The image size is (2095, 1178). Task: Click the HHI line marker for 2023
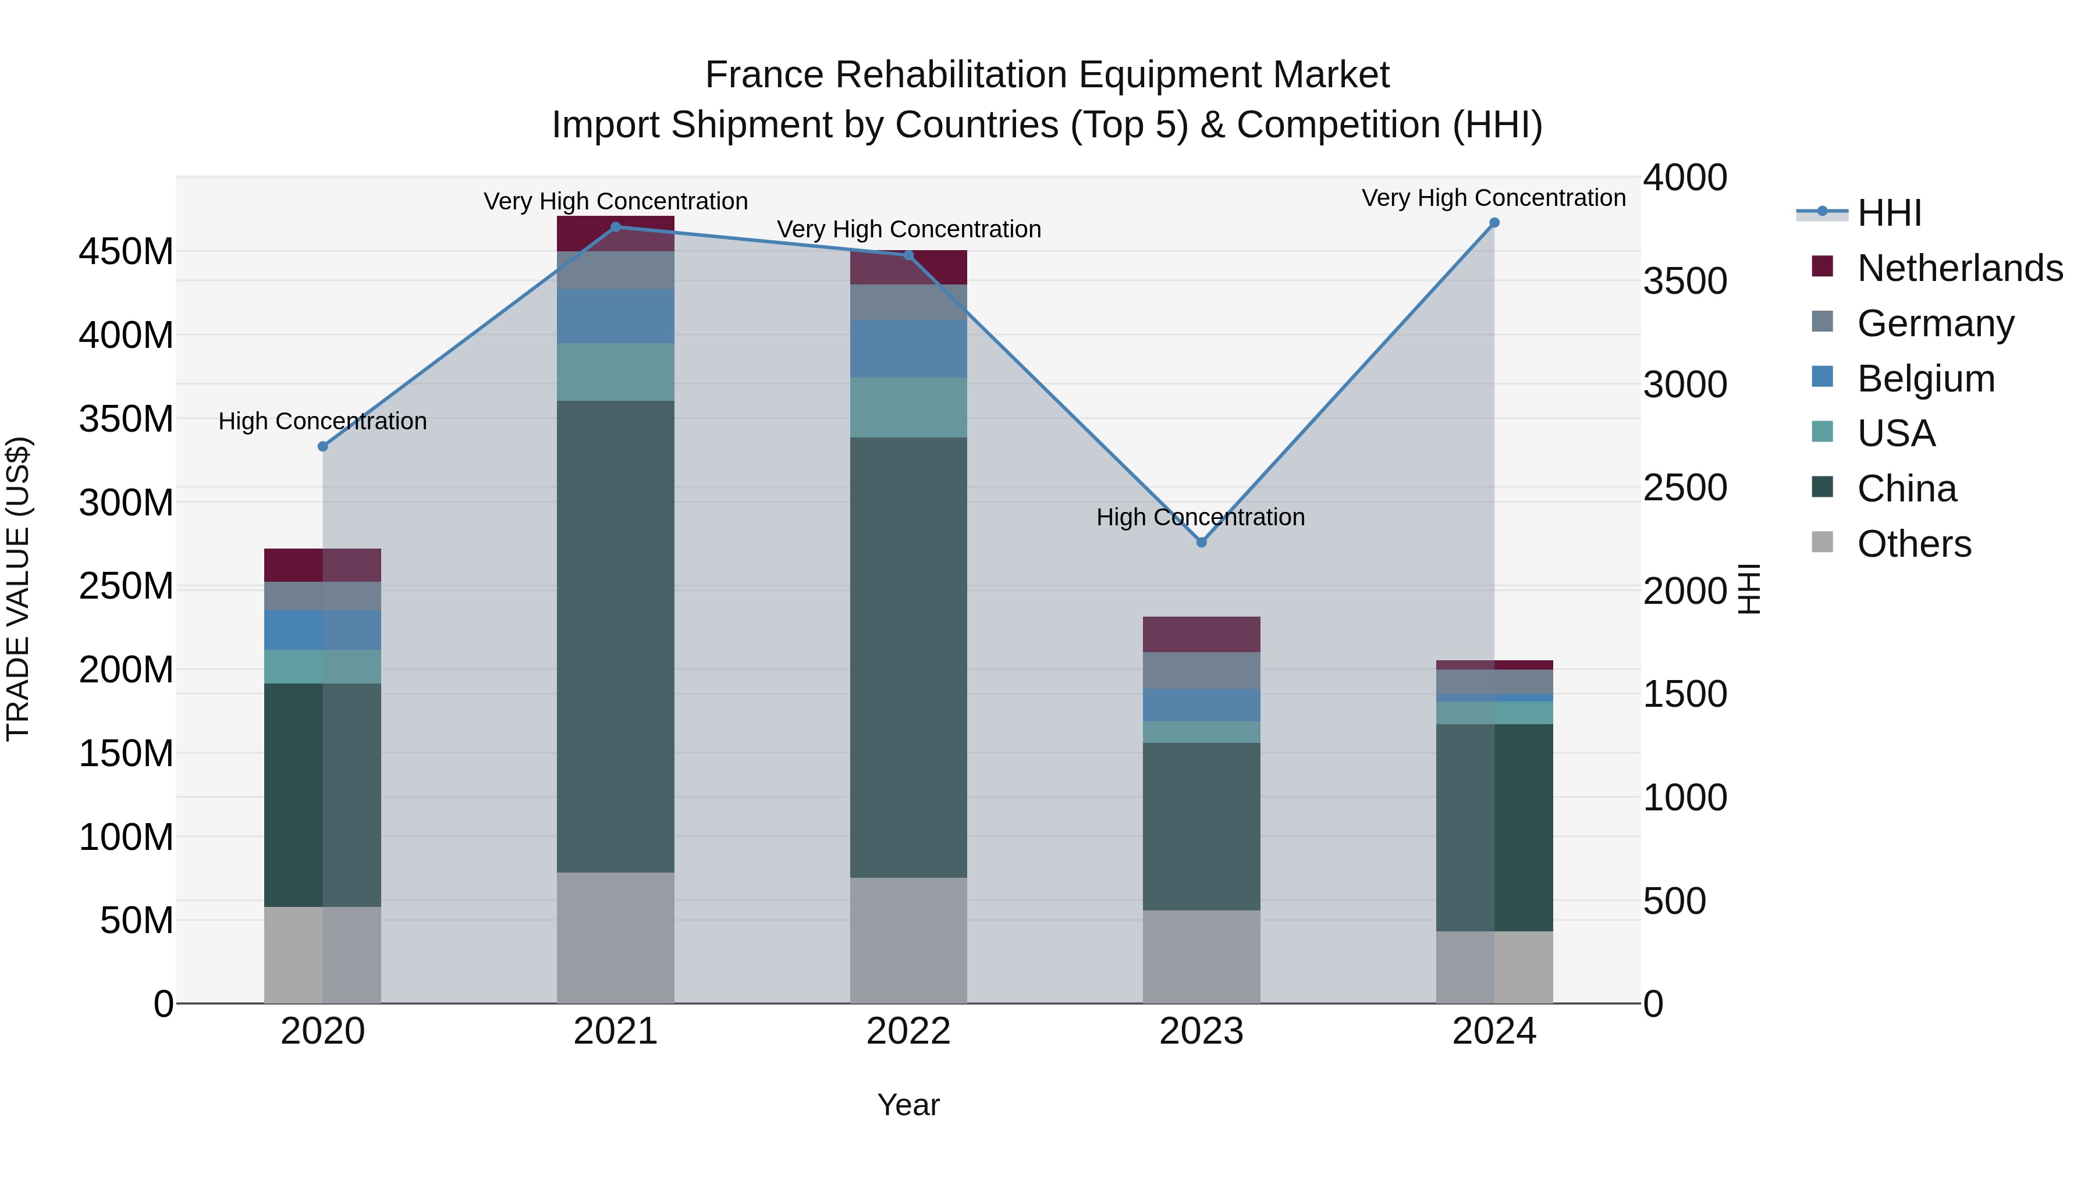coord(1201,542)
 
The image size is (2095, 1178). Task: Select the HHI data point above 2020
coord(323,446)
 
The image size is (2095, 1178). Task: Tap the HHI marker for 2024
coord(1494,223)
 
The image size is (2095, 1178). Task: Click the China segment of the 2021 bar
coord(616,636)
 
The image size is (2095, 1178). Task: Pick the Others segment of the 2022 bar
coord(908,940)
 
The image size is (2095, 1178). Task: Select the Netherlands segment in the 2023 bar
coord(1201,634)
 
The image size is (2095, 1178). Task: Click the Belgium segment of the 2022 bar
coord(908,349)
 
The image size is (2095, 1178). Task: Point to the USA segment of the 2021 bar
coord(616,372)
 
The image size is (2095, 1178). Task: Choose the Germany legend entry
coord(1936,323)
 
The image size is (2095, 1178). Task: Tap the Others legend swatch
coord(1823,542)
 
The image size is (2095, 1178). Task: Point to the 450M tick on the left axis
coord(126,252)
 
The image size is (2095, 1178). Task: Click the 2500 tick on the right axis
coord(1684,488)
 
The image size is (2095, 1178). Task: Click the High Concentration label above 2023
coord(1201,517)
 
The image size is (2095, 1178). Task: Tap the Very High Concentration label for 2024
coord(1493,198)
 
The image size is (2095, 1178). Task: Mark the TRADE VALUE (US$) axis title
coord(18,589)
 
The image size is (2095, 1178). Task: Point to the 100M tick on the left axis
coord(126,837)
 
